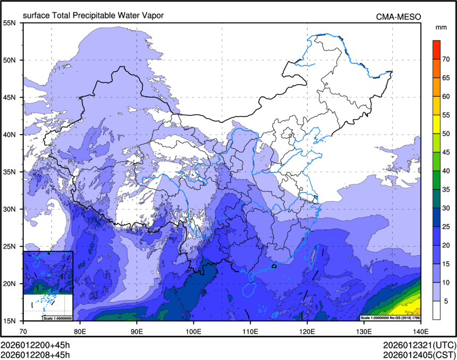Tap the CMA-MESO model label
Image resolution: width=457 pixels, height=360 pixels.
point(399,16)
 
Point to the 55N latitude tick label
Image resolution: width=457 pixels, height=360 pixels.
point(10,23)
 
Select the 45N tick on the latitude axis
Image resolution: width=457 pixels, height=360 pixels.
point(10,97)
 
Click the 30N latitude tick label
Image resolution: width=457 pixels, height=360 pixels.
point(10,209)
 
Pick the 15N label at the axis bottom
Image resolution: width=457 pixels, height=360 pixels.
point(10,321)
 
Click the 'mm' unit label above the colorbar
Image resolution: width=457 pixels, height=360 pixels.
point(441,27)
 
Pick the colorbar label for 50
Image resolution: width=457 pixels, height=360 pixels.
point(447,133)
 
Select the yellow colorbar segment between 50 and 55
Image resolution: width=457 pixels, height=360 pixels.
point(436,124)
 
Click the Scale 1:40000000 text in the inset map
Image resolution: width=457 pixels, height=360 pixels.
point(57,318)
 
